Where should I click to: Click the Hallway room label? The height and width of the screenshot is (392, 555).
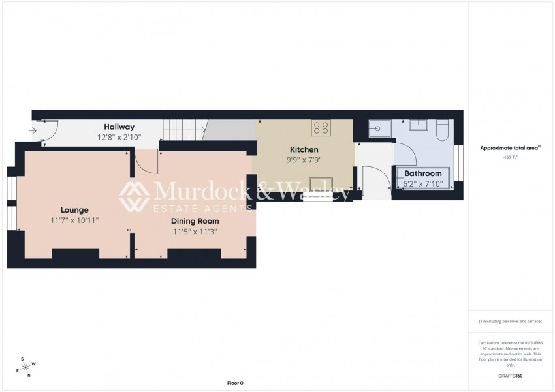point(119,127)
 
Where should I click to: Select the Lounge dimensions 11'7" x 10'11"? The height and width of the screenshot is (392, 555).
point(74,220)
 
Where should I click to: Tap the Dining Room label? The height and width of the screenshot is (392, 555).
point(195,221)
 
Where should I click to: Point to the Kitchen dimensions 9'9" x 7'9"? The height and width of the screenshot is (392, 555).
point(304,160)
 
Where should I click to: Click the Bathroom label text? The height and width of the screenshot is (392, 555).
point(422,173)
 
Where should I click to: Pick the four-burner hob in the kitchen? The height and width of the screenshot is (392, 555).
point(321,127)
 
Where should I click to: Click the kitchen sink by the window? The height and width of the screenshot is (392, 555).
point(321,183)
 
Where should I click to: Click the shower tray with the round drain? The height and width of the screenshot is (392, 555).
point(379,129)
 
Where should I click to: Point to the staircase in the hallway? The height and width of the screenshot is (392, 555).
point(183,130)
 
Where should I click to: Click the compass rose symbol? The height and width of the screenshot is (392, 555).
point(25,367)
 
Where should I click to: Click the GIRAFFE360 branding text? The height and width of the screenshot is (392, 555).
point(511,376)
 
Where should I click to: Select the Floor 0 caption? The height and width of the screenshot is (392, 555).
point(234,383)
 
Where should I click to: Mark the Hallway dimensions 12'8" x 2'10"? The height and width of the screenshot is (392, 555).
point(119,138)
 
